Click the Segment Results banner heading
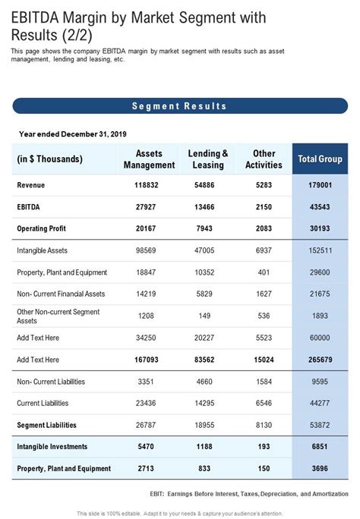coord(179,106)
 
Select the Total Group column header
coord(320,159)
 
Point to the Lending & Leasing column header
coord(208,159)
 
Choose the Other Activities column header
coord(265,159)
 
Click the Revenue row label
coord(31,185)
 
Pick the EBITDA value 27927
coord(147,206)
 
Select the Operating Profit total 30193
coord(320,228)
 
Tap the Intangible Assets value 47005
coord(209,250)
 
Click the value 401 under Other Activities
coord(264,272)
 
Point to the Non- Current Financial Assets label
coord(62,294)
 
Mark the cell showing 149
coord(209,316)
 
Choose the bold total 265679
coord(320,359)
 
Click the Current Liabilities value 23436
coord(147,403)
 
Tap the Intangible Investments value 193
coord(264,447)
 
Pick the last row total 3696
coord(320,468)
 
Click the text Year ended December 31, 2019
coord(72,134)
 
